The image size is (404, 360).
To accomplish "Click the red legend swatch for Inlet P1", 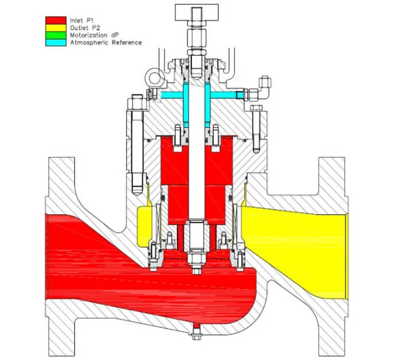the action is (x=56, y=21).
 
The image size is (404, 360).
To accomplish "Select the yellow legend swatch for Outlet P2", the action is (x=56, y=28).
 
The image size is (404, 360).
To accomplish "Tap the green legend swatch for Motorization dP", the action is (x=56, y=35).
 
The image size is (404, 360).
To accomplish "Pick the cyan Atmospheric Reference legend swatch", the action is (x=56, y=42).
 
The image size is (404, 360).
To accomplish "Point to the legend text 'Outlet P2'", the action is (x=85, y=28).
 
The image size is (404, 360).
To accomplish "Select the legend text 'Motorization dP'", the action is (x=95, y=36).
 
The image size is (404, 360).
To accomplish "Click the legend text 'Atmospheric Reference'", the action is (x=106, y=42).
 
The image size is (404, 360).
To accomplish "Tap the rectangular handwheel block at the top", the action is (x=197, y=13).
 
